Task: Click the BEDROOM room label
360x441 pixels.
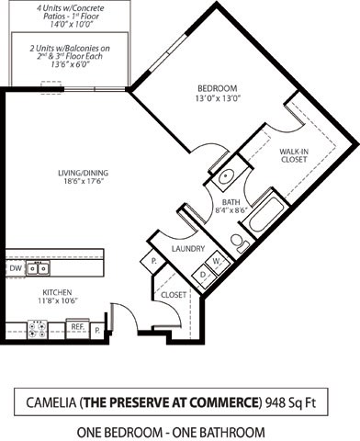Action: [x=216, y=88]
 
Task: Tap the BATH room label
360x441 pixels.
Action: [x=228, y=202]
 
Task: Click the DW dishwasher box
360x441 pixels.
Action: [x=15, y=268]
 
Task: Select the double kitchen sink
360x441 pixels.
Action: [x=38, y=268]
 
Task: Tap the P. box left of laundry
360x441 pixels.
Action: [x=153, y=262]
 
